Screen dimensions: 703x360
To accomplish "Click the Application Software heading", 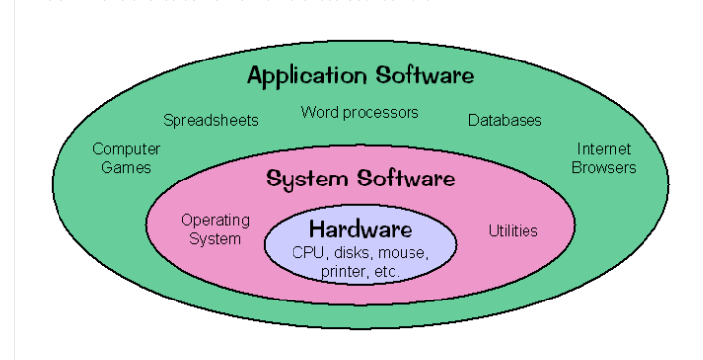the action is (x=360, y=75).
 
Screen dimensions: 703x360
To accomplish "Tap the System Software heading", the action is (x=361, y=180).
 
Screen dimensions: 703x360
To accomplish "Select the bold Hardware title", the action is (x=360, y=228).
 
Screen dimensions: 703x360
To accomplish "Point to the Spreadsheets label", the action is (x=210, y=121).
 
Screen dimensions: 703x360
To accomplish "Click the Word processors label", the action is (x=360, y=113).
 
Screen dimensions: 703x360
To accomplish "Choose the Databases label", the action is (x=505, y=121).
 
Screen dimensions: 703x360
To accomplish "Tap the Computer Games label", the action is (x=126, y=158).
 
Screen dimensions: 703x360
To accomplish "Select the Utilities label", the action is (x=513, y=231).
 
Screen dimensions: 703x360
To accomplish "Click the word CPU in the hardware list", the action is (x=308, y=252).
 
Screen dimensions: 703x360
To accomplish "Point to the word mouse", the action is (x=404, y=252).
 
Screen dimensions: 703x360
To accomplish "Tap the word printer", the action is (x=342, y=270).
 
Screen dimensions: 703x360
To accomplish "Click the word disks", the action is (x=352, y=252).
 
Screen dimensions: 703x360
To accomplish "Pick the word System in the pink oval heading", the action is (x=302, y=180).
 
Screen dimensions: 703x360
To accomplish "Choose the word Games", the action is (x=126, y=167).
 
